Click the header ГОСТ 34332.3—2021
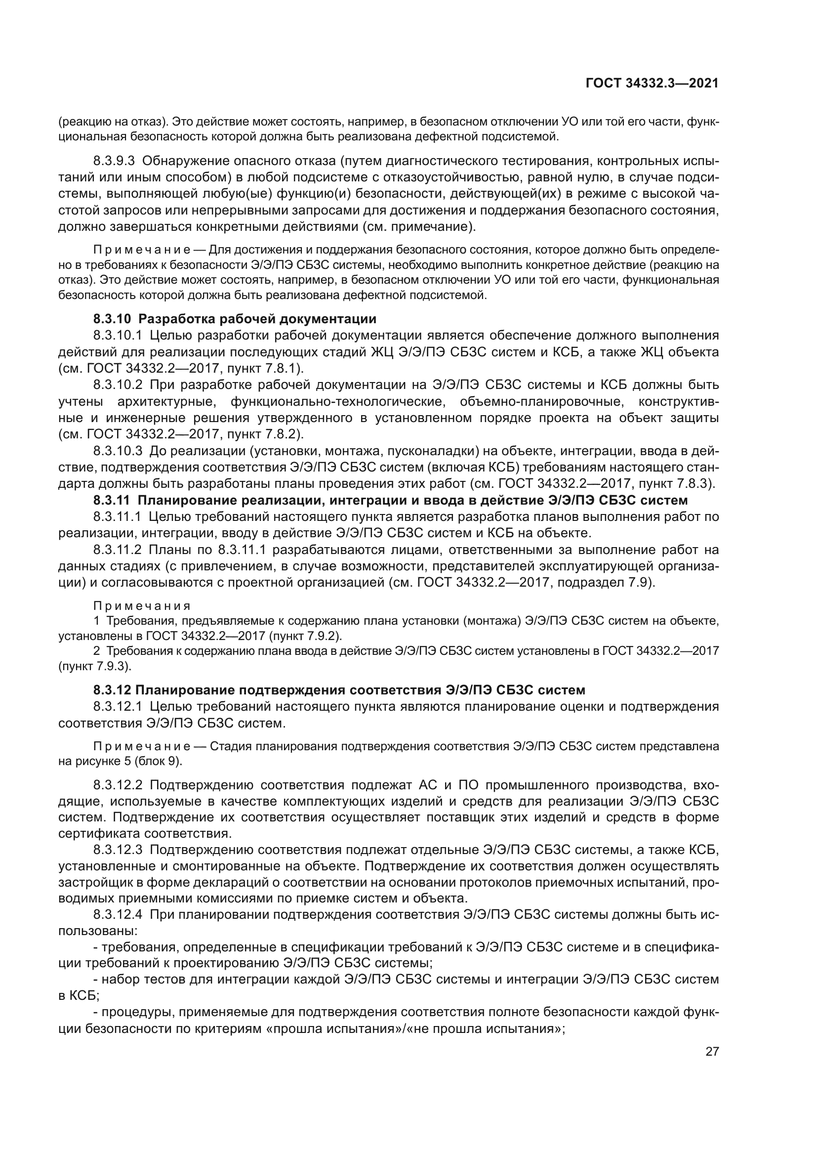[652, 84]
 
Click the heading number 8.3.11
[112, 500]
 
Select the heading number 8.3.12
[112, 690]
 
